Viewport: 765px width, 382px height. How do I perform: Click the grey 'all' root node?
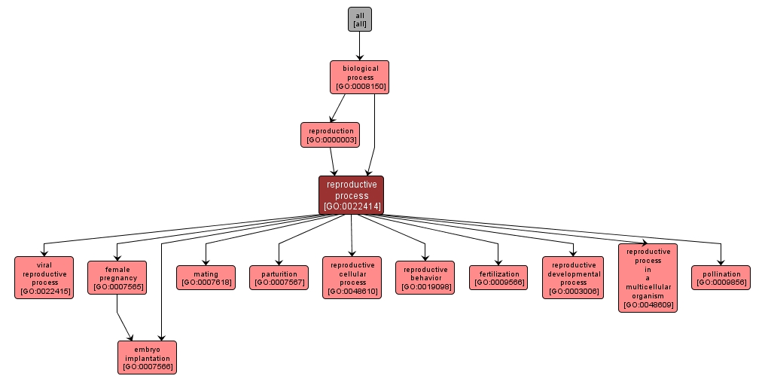click(x=359, y=20)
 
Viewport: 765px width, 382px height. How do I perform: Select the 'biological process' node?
click(x=359, y=77)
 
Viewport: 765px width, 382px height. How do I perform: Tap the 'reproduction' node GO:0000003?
click(x=330, y=135)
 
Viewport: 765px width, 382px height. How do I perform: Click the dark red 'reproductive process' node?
click(x=352, y=195)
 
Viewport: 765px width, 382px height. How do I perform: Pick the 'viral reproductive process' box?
click(x=44, y=277)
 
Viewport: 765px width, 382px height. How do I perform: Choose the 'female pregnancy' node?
click(x=117, y=277)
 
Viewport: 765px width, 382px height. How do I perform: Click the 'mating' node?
click(x=206, y=277)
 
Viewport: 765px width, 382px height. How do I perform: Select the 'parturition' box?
click(x=279, y=277)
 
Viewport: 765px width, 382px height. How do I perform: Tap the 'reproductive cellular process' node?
click(x=352, y=277)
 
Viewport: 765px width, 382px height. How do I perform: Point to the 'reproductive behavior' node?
click(x=425, y=277)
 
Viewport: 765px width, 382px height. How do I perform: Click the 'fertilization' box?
click(x=498, y=277)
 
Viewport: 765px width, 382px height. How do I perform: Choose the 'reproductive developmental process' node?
click(x=573, y=277)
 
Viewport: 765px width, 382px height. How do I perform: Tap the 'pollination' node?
click(x=721, y=277)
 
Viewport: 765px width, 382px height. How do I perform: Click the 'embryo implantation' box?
click(x=147, y=357)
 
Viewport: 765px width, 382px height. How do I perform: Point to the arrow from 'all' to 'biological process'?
click(x=359, y=46)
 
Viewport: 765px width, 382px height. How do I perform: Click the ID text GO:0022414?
click(x=352, y=206)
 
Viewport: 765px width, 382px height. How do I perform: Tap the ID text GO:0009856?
click(x=721, y=283)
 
